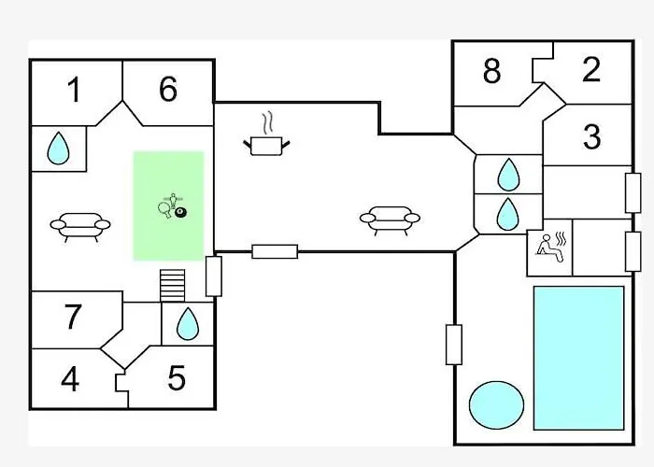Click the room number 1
73,91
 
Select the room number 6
167,90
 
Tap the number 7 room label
73,318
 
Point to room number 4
70,380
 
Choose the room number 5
177,379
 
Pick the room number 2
591,70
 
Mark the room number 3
591,136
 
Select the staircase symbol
174,285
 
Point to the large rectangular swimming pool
578,358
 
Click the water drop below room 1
59,148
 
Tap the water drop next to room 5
188,324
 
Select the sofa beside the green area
79,224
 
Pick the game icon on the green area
173,208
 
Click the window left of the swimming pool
454,344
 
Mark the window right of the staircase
213,276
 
